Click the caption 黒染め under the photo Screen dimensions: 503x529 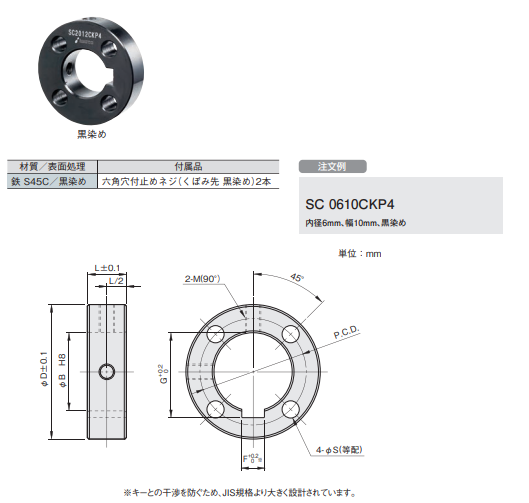coord(92,132)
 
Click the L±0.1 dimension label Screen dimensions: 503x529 coord(107,268)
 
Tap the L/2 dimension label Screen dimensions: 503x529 coord(115,282)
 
